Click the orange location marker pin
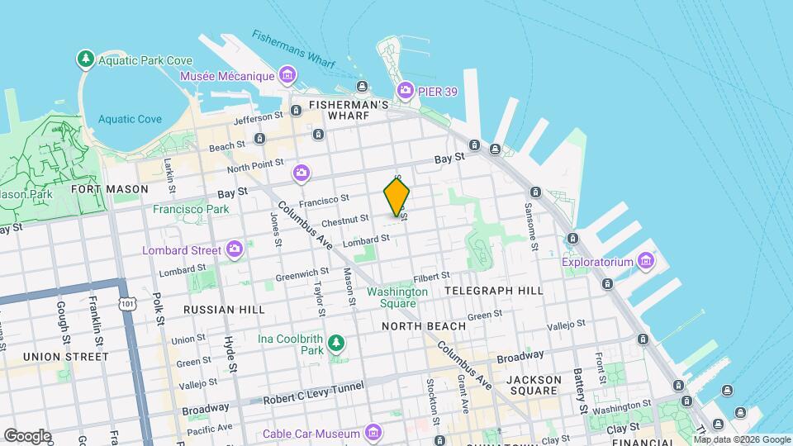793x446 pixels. click(x=396, y=197)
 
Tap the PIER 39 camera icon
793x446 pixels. click(x=405, y=90)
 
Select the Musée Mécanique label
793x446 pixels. click(x=227, y=76)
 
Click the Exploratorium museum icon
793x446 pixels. click(x=646, y=263)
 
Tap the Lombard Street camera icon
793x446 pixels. click(x=235, y=249)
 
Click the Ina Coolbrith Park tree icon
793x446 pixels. click(x=335, y=343)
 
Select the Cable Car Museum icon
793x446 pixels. click(x=373, y=433)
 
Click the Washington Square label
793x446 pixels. click(x=397, y=297)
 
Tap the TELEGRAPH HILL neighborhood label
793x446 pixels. click(x=494, y=291)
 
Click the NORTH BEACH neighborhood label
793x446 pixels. click(x=424, y=326)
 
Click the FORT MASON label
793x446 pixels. click(x=110, y=189)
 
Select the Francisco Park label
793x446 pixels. click(x=191, y=209)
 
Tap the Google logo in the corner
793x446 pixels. click(x=26, y=435)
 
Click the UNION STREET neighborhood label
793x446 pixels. click(x=66, y=357)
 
